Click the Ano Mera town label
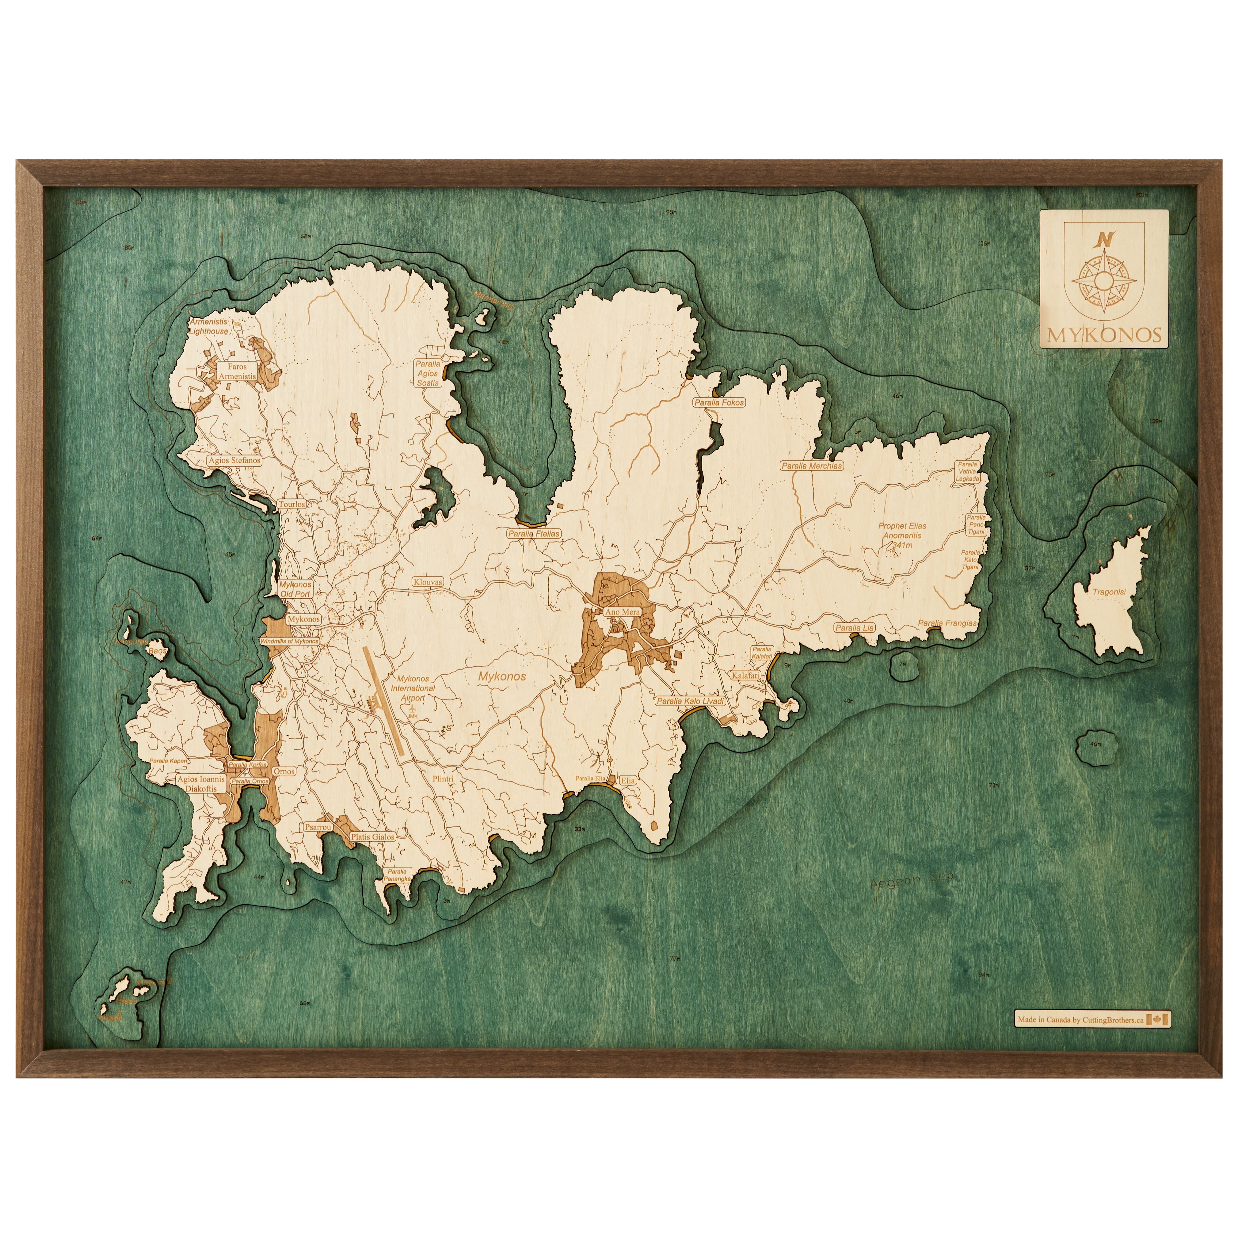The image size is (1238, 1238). [622, 612]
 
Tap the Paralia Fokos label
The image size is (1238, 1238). [719, 402]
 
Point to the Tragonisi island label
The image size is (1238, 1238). [1109, 592]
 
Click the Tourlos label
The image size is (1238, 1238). [291, 504]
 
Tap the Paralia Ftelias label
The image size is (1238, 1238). [534, 533]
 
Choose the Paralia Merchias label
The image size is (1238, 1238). [811, 466]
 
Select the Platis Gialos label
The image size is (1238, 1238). [372, 837]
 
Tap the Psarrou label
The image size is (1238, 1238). [318, 827]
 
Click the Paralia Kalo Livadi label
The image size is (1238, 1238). [690, 701]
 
